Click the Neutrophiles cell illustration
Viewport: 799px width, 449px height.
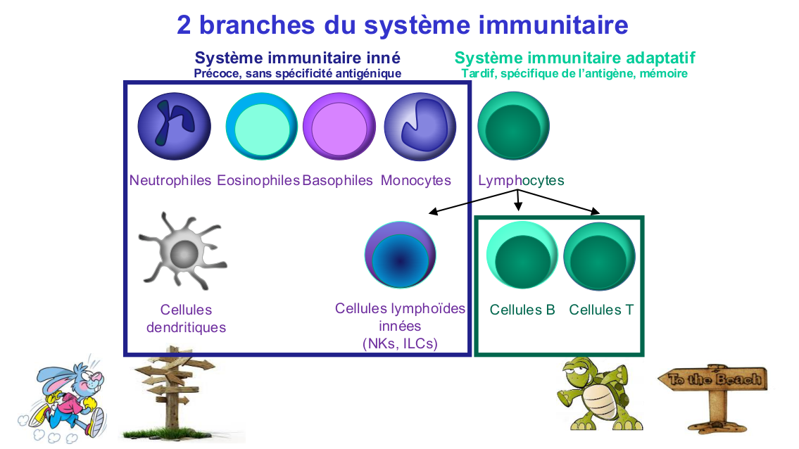[x=174, y=127]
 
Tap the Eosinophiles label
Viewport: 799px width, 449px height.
[x=258, y=180]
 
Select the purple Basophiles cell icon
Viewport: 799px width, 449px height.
[x=339, y=127]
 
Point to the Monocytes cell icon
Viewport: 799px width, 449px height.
[x=420, y=127]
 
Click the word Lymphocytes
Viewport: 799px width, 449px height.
[x=521, y=180]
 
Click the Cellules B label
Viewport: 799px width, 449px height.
[x=522, y=310]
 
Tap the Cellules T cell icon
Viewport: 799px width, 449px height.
[x=600, y=255]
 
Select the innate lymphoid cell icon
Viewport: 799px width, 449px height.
[x=400, y=255]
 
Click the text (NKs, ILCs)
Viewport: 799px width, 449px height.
[x=400, y=343]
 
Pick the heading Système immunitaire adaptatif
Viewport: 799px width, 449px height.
[x=574, y=58]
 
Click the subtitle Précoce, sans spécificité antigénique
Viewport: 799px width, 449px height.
[x=297, y=73]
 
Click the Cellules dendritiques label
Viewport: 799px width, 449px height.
[x=186, y=318]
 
